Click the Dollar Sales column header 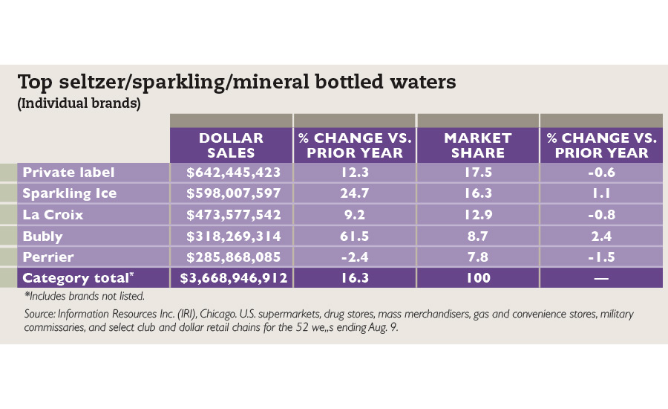click(x=231, y=145)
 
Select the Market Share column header click(x=477, y=145)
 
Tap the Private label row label click(x=68, y=173)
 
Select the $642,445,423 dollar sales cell click(x=232, y=173)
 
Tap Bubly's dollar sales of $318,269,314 click(x=232, y=236)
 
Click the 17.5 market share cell click(x=477, y=173)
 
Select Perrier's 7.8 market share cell click(x=477, y=257)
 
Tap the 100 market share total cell click(x=477, y=278)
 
